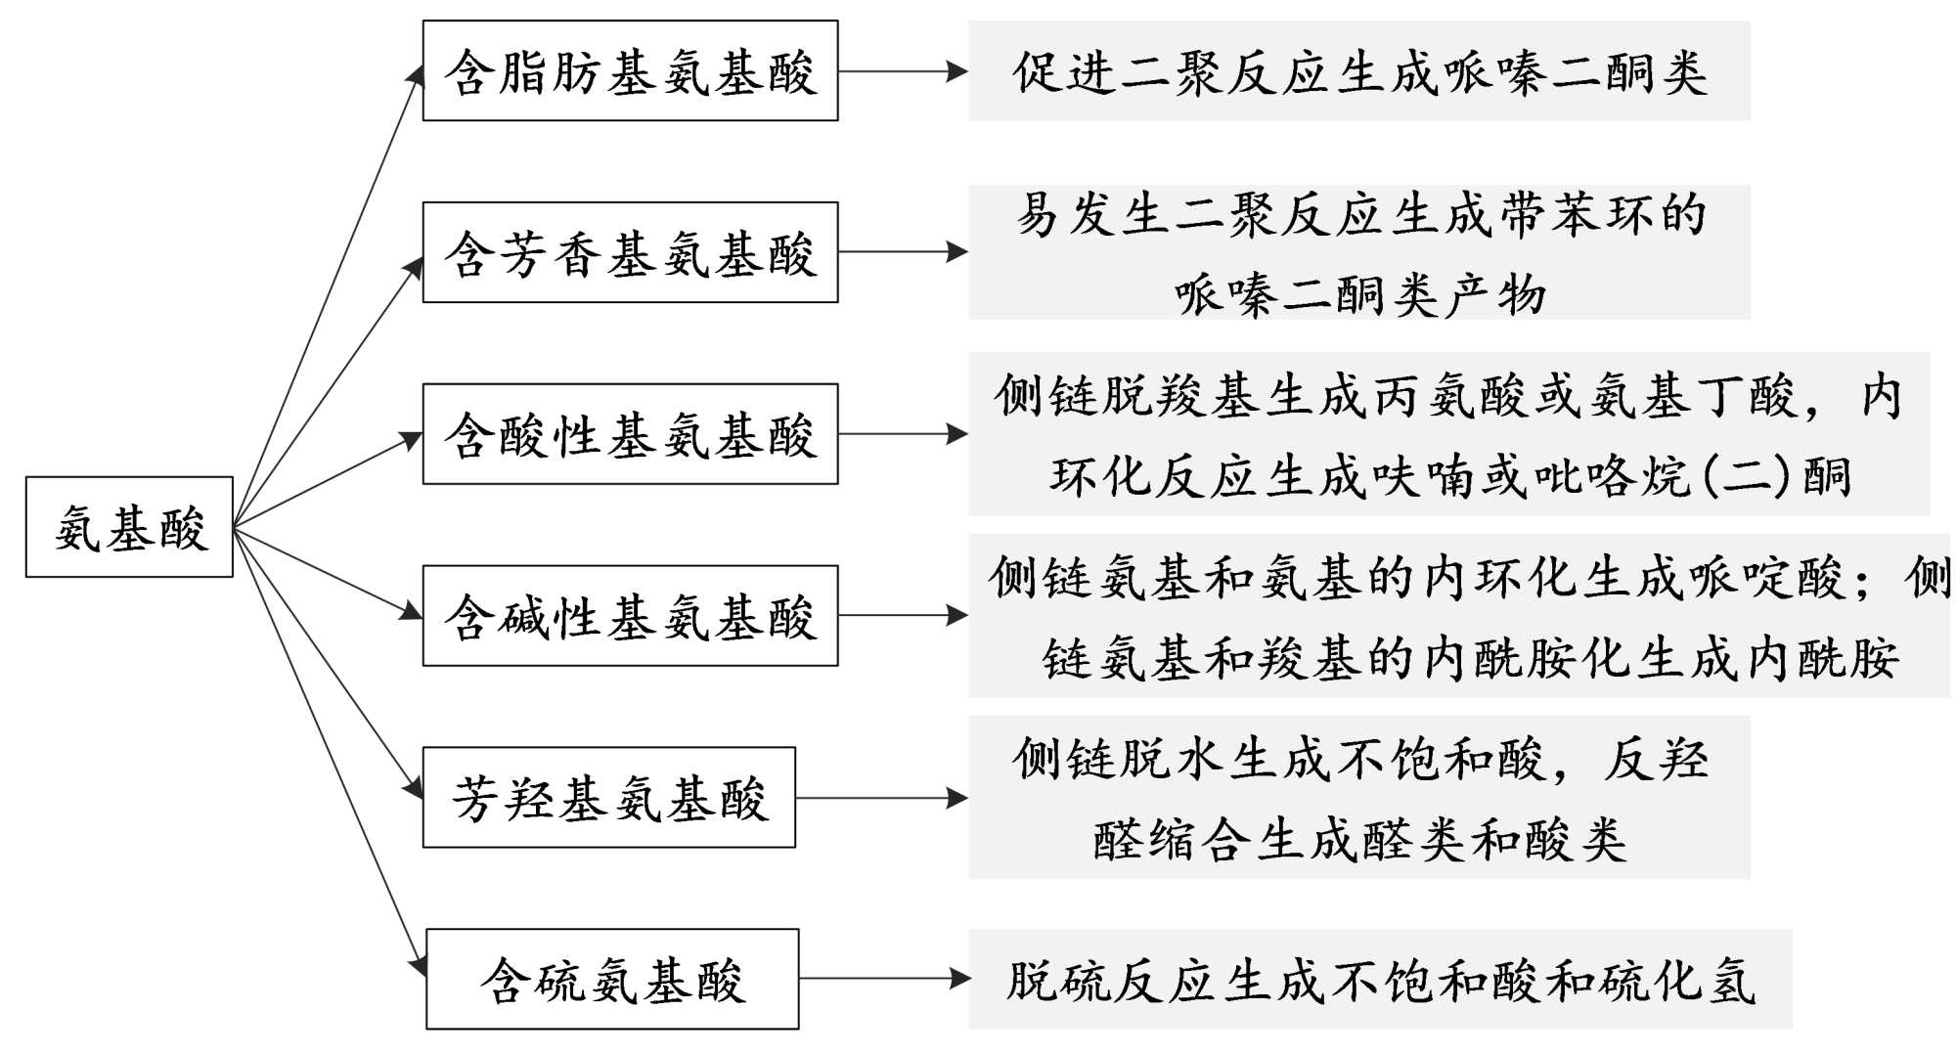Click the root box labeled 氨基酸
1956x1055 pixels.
pyautogui.click(x=129, y=527)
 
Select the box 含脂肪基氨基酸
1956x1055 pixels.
pyautogui.click(x=630, y=71)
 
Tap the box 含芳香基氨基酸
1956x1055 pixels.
pyautogui.click(x=630, y=252)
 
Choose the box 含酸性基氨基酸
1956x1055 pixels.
pyautogui.click(x=630, y=434)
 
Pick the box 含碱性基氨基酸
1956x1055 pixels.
pyautogui.click(x=630, y=616)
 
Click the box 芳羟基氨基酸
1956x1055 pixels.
pyautogui.click(x=608, y=798)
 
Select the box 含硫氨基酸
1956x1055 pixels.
pyautogui.click(x=612, y=979)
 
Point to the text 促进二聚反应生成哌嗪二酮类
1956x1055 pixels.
pyautogui.click(x=1359, y=71)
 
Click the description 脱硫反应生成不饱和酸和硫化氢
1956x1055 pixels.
pyautogui.click(x=1380, y=980)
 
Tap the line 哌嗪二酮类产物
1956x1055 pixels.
pyautogui.click(x=1359, y=293)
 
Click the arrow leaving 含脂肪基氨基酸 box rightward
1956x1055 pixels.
pyautogui.click(x=902, y=71)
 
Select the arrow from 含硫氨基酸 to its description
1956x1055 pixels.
pyautogui.click(x=883, y=979)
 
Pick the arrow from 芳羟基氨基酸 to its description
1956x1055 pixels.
pyautogui.click(x=881, y=798)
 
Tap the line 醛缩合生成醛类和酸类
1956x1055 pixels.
pyautogui.click(x=1359, y=839)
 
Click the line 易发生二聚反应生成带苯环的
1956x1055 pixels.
pyautogui.click(x=1359, y=213)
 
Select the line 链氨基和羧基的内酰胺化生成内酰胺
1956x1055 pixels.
pyautogui.click(x=1470, y=657)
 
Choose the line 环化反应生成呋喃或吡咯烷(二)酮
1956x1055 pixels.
pyautogui.click(x=1450, y=476)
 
